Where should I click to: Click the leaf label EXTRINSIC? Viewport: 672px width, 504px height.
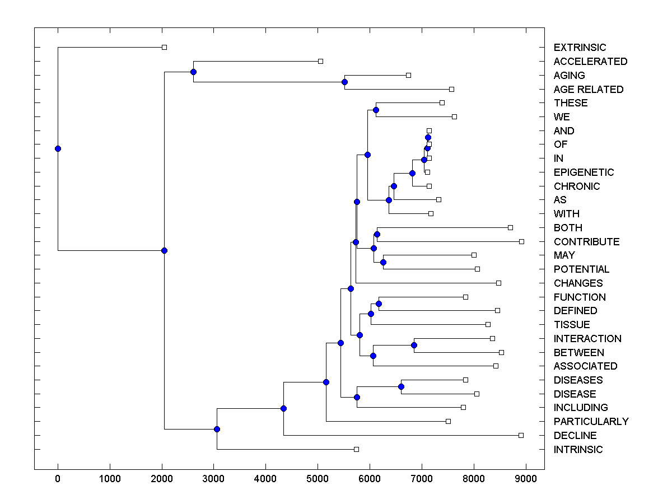580,48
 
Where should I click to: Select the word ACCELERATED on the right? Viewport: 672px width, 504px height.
590,62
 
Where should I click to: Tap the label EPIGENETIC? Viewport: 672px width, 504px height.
584,172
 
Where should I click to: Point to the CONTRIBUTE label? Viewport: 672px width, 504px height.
586,242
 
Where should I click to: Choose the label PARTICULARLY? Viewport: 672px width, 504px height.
591,422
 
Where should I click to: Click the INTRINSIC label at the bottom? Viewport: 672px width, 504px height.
578,450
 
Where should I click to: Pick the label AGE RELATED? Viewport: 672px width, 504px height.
588,90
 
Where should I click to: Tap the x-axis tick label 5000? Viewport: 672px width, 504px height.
318,479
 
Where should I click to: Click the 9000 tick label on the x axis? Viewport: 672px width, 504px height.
526,479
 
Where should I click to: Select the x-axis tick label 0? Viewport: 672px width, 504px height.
58,479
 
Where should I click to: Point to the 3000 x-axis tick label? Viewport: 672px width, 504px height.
214,479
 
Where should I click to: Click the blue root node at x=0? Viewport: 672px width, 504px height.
58,148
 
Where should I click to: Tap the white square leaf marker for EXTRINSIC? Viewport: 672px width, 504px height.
164,47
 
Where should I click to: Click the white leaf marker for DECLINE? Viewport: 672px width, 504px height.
521,435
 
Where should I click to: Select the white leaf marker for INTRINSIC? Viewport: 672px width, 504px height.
356,449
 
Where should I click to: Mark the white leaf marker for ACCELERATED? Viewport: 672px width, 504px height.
320,60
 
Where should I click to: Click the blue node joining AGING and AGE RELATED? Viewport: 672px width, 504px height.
344,82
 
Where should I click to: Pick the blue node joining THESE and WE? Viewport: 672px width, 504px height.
376,110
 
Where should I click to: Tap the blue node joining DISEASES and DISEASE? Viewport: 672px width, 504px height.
401,386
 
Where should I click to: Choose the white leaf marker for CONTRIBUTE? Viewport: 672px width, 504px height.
521,241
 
